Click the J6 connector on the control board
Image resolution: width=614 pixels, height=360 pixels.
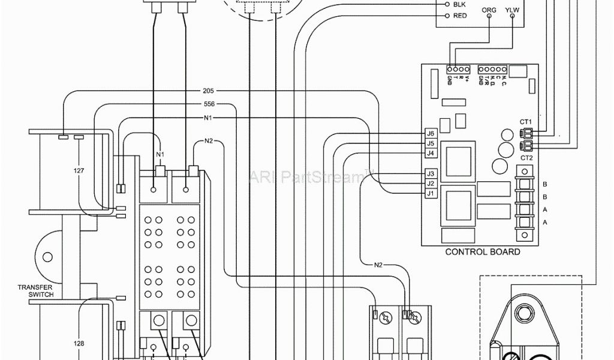[430, 133]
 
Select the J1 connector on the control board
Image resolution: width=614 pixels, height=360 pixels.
[430, 194]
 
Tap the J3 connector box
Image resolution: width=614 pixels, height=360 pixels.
[430, 173]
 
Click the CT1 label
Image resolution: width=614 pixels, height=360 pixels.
[526, 122]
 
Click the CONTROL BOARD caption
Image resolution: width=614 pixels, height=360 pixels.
[482, 252]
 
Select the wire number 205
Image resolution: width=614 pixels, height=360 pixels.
[208, 92]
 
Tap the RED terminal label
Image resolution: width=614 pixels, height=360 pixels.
[460, 16]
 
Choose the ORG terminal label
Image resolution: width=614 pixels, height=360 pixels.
[489, 10]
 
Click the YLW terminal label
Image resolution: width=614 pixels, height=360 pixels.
[513, 10]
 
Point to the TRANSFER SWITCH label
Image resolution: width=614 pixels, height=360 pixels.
[36, 291]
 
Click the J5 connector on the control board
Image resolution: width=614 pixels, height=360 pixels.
[430, 143]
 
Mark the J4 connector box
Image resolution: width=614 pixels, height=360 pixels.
[430, 154]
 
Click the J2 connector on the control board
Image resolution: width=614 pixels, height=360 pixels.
[430, 184]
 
